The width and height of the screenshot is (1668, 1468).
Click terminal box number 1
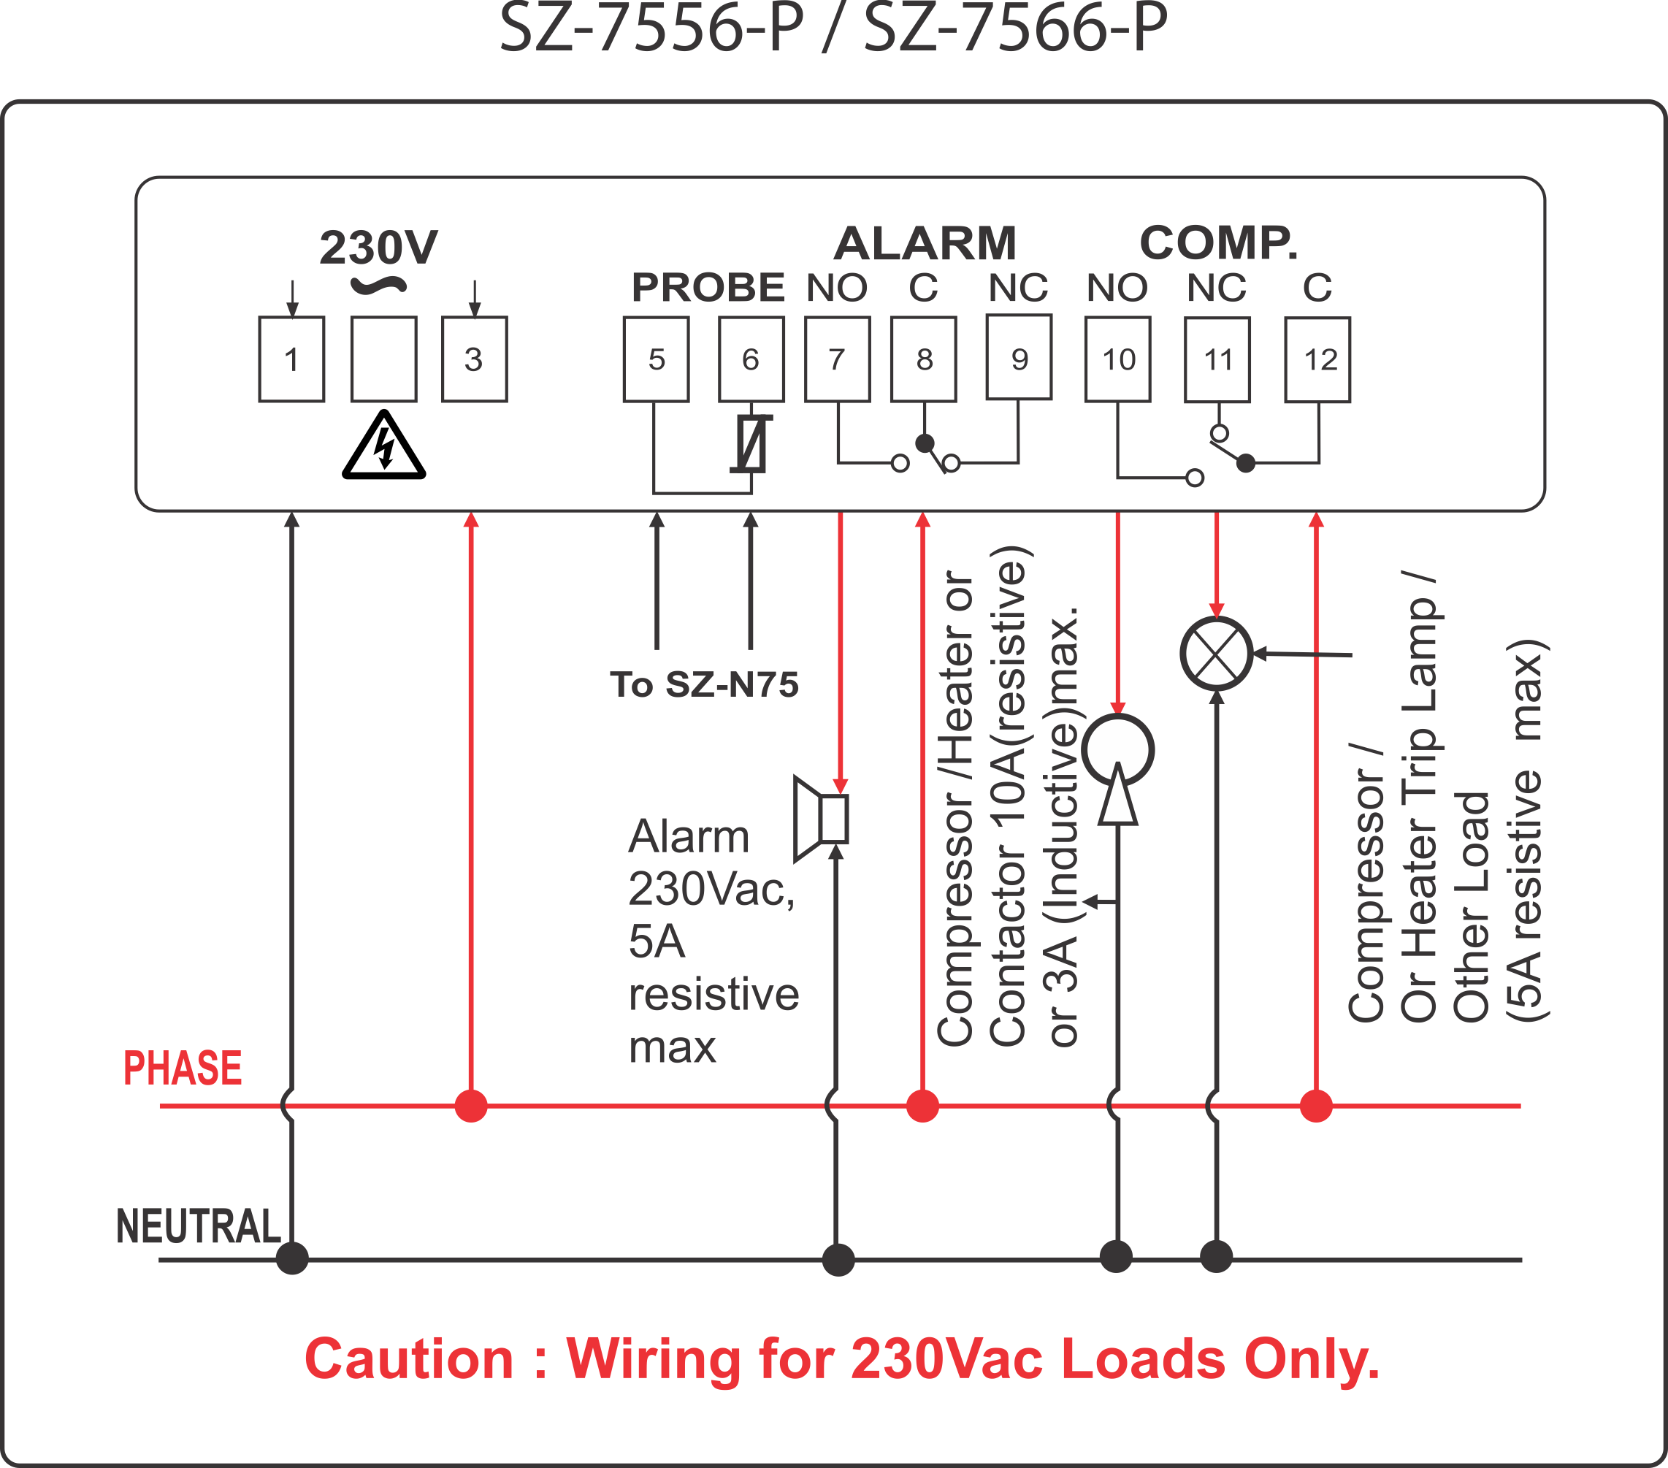coord(291,359)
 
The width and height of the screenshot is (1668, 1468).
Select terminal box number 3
coord(474,359)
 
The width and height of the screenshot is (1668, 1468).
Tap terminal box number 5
coord(656,359)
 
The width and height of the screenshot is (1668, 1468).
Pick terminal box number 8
coord(923,359)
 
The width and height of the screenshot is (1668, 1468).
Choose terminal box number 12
coord(1317,359)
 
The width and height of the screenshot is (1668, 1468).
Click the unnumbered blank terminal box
coord(383,359)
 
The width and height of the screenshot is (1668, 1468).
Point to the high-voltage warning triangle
coord(383,446)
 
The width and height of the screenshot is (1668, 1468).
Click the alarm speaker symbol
coord(821,819)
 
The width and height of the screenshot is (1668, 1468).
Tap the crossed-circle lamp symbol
coord(1216,654)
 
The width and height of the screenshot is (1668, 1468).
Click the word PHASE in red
coord(183,1068)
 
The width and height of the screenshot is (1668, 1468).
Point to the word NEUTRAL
coord(199,1226)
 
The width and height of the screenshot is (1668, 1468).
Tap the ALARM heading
coord(925,243)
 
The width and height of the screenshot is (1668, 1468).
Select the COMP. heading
coord(1218,243)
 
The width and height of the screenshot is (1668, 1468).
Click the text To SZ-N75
coord(704,684)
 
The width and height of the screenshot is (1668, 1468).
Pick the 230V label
coord(378,248)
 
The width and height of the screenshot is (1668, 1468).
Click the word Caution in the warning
coord(409,1359)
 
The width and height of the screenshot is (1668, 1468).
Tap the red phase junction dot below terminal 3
coord(471,1106)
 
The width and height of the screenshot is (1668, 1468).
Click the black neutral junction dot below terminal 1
coord(291,1258)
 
